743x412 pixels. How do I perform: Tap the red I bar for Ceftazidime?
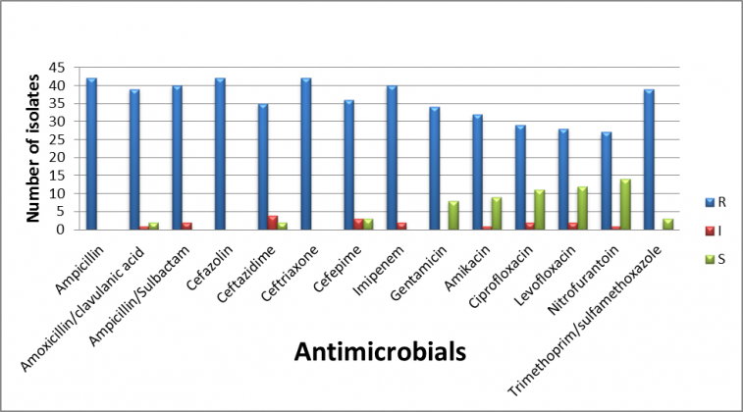pos(273,223)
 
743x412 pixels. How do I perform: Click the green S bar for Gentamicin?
pos(452,216)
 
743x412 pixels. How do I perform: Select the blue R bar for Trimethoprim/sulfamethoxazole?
pos(648,160)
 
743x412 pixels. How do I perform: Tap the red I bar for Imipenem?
pos(401,226)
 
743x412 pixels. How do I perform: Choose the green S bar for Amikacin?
pos(496,214)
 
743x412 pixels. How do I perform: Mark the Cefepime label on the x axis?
pos(332,259)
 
